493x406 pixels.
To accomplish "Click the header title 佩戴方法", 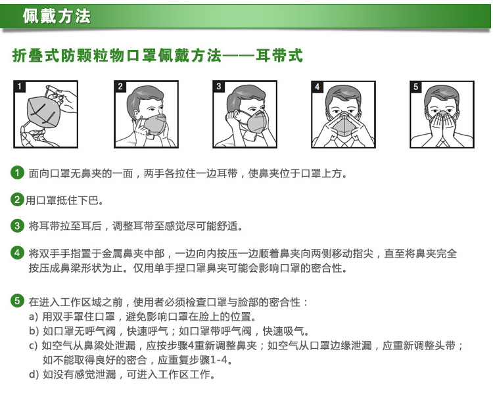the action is point(57,16).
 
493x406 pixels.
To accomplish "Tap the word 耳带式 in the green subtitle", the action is point(279,56).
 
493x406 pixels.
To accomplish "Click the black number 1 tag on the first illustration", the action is point(20,86).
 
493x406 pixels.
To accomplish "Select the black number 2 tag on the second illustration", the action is point(120,86).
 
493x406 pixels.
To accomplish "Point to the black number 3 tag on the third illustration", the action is point(219,86).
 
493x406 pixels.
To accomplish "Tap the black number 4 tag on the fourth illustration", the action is point(317,87).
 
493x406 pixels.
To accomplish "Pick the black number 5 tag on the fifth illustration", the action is point(416,87).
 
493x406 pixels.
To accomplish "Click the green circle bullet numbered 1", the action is point(17,173).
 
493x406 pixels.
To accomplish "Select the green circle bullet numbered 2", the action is point(17,199).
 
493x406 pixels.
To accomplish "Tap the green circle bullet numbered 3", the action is point(17,225).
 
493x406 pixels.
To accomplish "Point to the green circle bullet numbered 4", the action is point(17,253).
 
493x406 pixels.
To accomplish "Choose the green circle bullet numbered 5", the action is point(17,301).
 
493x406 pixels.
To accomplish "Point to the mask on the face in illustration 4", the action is point(343,125).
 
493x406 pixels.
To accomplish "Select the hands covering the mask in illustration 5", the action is point(442,127).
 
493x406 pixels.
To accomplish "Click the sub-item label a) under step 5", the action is point(34,317).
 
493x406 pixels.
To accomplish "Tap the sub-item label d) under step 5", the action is point(34,374).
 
